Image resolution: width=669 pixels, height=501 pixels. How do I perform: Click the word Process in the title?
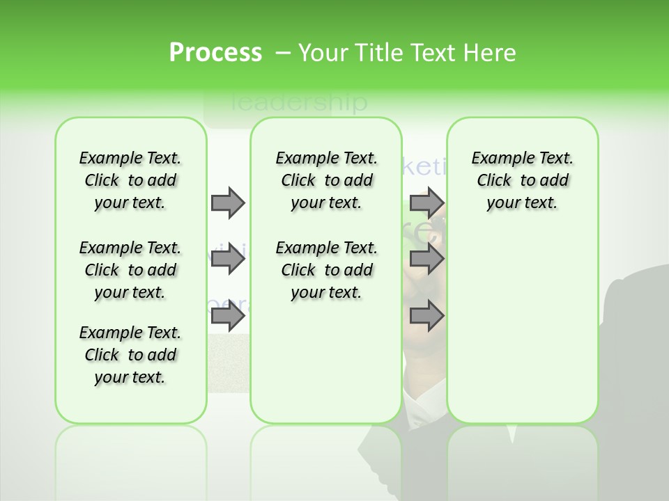215,53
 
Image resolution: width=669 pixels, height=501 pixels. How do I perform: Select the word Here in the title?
491,53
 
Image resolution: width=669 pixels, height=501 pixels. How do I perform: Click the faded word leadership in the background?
298,103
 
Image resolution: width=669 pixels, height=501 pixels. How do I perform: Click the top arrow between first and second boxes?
227,202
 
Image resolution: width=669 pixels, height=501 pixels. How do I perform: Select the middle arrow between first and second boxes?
227,260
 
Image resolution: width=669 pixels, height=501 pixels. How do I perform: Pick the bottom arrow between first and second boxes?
227,317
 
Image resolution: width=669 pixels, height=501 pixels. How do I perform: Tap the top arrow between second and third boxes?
426,202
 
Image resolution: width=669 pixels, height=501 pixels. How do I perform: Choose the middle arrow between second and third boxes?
426,260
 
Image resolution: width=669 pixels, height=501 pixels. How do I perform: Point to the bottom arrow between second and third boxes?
426,317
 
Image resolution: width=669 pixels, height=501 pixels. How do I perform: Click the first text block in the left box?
130,180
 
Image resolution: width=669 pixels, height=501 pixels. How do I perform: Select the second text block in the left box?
130,270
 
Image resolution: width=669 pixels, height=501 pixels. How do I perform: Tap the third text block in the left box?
130,355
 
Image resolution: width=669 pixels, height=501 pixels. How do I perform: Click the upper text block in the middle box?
326,180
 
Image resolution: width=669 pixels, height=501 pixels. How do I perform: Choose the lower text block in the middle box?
326,270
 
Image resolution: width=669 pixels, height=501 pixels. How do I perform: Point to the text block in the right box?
522,180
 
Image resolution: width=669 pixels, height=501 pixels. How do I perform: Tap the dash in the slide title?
283,54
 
